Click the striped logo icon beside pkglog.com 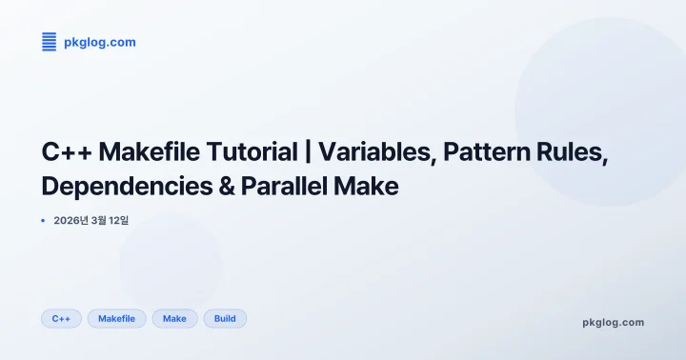click(x=49, y=41)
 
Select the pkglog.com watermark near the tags click(x=613, y=322)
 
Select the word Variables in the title click(x=373, y=151)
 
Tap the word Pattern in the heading click(x=481, y=151)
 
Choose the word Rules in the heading click(x=575, y=151)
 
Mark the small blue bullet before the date click(x=44, y=221)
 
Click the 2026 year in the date click(x=69, y=221)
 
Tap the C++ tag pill click(x=61, y=318)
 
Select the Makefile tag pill click(x=117, y=318)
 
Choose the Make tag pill click(x=174, y=318)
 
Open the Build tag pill click(x=225, y=318)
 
